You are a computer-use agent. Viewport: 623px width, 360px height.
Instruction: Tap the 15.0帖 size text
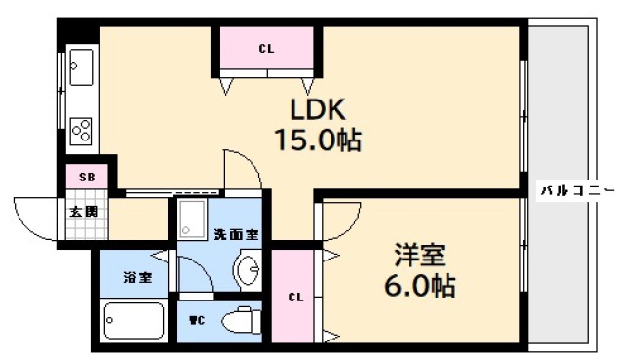[316, 140]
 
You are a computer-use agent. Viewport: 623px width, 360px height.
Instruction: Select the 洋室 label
[419, 256]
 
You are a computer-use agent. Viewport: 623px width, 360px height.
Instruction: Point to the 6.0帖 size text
[419, 287]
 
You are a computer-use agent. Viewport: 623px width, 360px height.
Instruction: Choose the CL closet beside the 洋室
[295, 297]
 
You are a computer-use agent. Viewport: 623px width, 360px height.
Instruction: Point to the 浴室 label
[136, 277]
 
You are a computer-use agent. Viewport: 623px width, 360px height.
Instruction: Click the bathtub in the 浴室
[134, 319]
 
